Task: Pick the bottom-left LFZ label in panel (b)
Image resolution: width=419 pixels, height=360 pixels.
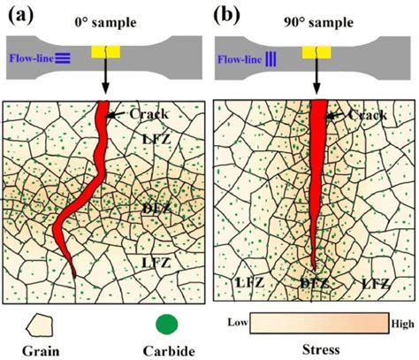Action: pyautogui.click(x=249, y=280)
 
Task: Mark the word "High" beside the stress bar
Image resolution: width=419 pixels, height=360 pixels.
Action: pyautogui.click(x=401, y=324)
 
